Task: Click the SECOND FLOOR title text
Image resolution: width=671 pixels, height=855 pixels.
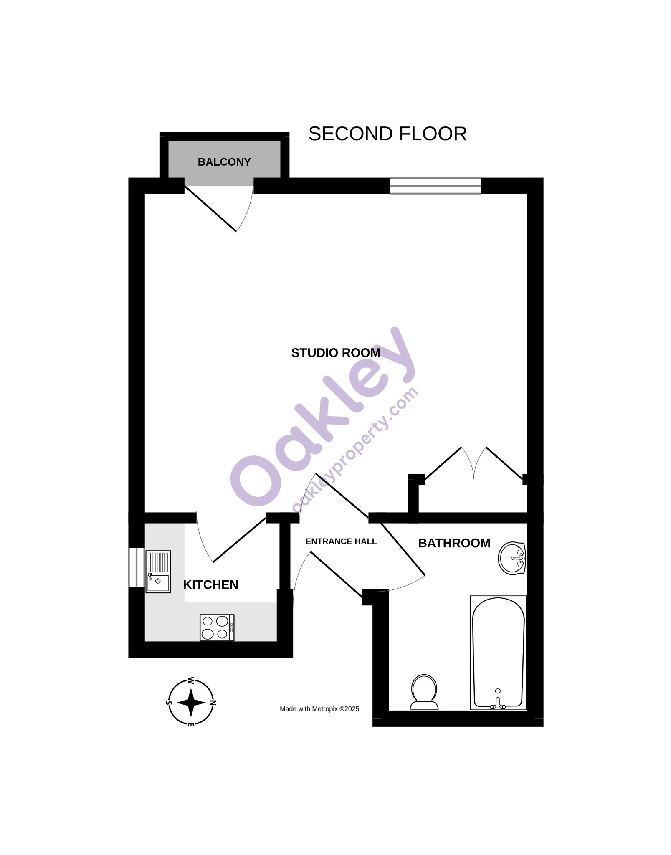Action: point(387,134)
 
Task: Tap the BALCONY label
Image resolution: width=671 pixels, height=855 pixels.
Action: point(224,162)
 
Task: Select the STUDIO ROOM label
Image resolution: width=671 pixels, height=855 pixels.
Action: point(336,353)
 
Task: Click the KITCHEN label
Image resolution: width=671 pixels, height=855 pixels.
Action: point(210,584)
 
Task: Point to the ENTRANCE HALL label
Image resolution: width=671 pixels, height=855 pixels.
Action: point(341,541)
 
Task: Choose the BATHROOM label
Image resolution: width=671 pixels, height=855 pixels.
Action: point(454,543)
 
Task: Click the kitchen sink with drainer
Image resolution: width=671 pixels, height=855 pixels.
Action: point(158,572)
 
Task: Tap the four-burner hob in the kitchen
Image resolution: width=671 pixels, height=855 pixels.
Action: point(217,627)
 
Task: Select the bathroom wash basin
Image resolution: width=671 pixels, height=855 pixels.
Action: point(512,558)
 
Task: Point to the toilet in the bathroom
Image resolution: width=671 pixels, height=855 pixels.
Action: point(424,692)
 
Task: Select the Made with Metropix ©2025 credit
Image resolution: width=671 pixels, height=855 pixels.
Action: point(319,709)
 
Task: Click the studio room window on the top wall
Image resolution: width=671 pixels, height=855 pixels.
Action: point(436,186)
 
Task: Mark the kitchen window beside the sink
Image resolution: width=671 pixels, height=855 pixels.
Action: point(137,567)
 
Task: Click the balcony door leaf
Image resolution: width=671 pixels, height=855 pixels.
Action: point(210,209)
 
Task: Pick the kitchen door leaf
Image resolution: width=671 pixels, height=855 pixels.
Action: point(239,540)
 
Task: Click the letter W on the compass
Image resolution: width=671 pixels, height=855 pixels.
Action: point(191,680)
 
